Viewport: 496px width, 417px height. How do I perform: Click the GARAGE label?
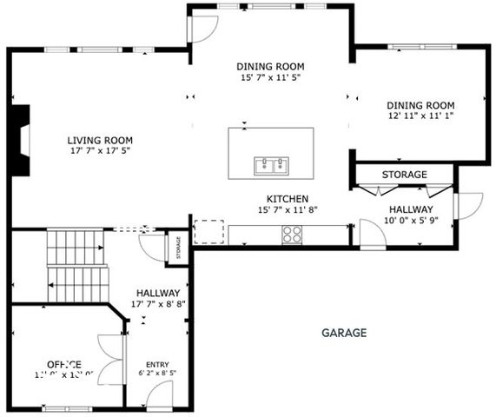coord(344,333)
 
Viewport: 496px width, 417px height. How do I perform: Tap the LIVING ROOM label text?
coord(101,140)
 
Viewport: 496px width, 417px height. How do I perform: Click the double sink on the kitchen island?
coord(271,164)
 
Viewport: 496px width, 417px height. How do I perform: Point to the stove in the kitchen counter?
coord(293,233)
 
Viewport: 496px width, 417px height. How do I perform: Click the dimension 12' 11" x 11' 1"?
coord(420,116)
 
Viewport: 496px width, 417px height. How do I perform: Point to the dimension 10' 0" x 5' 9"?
coord(410,221)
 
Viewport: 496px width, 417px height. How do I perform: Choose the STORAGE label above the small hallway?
coord(405,175)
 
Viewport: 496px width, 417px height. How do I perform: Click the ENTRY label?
coord(157,364)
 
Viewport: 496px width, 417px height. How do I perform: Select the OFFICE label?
coord(64,364)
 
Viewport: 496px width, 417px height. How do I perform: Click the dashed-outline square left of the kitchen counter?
coord(208,232)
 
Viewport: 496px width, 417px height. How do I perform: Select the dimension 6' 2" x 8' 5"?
coord(157,374)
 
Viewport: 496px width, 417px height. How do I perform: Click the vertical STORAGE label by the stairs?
coord(179,247)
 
